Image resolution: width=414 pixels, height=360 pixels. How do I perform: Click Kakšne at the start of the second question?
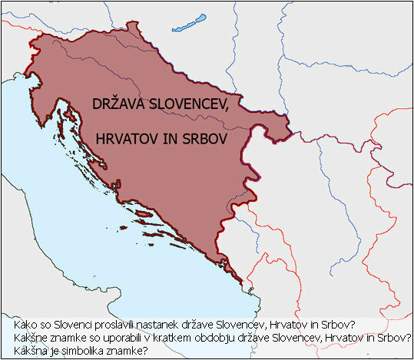(x=20, y=338)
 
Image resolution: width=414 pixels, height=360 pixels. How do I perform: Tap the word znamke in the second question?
(x=58, y=338)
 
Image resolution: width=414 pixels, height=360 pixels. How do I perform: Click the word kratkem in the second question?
(x=161, y=338)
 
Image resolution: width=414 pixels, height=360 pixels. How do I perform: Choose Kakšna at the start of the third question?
(x=20, y=351)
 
